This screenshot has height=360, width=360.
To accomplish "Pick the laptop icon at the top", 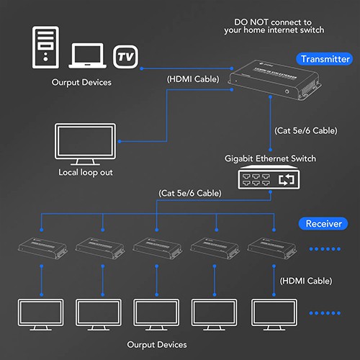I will point(89,55).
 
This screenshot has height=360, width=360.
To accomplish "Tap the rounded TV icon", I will point(127,55).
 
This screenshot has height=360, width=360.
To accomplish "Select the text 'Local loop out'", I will point(86,173).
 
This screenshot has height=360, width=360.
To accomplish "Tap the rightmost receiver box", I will point(267,249).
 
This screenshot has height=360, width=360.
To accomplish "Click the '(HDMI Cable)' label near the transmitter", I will point(192,78).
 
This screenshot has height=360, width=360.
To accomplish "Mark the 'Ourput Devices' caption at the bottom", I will point(157,344).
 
